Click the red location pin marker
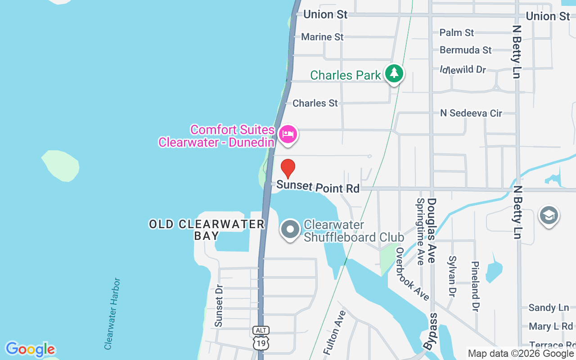pos(288,169)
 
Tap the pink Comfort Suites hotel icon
pos(288,134)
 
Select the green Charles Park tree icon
pos(394,73)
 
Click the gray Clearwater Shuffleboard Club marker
pos(290,229)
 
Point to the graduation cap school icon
pos(549,216)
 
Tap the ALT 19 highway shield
pos(261,338)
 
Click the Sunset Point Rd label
pos(318,186)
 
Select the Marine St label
pos(322,37)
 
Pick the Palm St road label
pos(456,32)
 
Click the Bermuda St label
pos(465,50)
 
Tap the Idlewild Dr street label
pos(463,70)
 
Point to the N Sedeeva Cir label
pos(471,113)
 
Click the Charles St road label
pos(315,103)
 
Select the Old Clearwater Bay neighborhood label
pos(207,229)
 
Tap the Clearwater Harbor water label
pos(112,314)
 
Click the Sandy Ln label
pos(549,308)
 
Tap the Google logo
pos(30,349)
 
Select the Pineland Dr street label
pos(474,286)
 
